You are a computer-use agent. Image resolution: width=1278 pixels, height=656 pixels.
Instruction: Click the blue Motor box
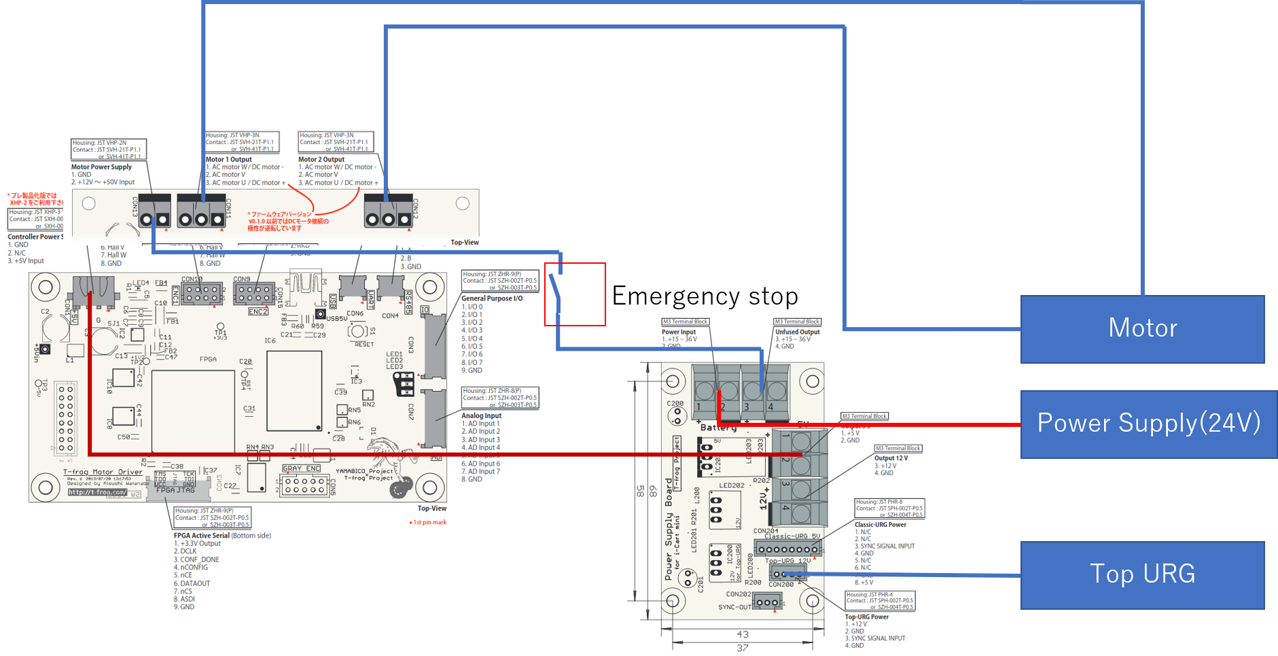pos(1142,328)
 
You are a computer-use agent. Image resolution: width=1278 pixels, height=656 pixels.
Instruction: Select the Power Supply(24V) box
pos(1148,424)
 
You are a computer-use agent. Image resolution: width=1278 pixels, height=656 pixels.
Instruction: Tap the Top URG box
pos(1142,574)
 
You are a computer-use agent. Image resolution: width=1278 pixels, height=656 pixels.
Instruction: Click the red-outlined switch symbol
pos(574,294)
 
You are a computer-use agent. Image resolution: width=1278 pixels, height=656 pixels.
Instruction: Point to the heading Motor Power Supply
pos(101,167)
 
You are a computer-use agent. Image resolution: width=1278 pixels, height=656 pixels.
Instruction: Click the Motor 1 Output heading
pos(228,160)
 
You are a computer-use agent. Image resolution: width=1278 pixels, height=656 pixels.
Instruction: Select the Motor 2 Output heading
pos(321,160)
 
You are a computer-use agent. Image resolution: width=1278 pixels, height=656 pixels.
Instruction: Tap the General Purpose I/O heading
pos(492,298)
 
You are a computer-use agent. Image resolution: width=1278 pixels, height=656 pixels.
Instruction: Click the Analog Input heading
pos(481,415)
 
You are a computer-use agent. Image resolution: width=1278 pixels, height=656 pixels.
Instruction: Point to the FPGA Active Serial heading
pos(202,536)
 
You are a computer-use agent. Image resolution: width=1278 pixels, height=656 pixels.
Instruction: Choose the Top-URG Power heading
pos(866,617)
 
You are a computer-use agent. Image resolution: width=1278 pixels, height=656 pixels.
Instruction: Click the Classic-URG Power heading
pos(880,525)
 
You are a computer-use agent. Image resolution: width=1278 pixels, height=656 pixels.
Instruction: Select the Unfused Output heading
pos(797,332)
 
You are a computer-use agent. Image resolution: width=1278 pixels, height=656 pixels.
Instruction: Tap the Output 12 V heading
pos(891,458)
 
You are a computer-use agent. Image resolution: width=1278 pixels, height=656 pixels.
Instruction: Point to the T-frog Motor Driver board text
pos(103,472)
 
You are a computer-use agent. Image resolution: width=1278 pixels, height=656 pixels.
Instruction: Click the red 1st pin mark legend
pos(429,523)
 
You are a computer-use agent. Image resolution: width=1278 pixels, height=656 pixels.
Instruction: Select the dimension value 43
pos(743,634)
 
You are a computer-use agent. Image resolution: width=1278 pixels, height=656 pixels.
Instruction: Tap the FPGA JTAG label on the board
pos(175,490)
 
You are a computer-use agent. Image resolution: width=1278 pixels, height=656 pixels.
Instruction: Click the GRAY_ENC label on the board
pos(301,468)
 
